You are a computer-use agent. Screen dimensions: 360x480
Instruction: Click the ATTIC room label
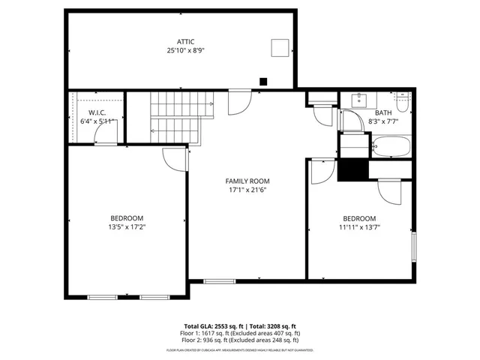coord(185,41)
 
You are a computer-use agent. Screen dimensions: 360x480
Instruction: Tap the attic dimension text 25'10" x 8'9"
coord(185,50)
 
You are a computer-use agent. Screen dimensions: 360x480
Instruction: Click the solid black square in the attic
coord(262,81)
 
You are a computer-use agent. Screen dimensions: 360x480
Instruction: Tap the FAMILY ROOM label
coord(247,181)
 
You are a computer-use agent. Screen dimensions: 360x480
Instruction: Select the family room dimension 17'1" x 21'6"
coord(247,190)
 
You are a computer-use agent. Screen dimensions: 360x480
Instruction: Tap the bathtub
coord(390,146)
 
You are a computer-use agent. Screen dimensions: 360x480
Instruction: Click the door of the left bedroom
coord(174,159)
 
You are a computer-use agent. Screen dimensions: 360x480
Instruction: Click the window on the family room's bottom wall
coord(220,281)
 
